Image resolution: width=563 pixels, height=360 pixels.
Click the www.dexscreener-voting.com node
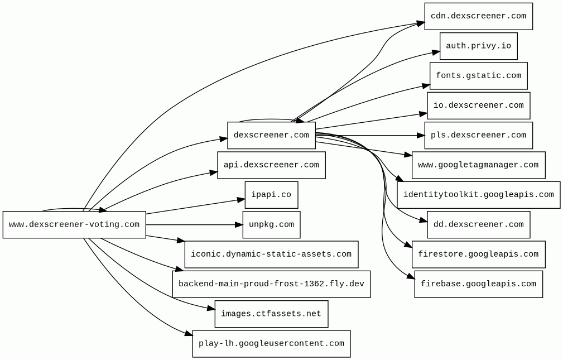pos(74,225)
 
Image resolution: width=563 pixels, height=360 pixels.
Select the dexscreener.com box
pos(271,136)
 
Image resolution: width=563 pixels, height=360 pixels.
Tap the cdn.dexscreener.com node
pos(478,16)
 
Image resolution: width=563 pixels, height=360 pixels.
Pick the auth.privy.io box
pos(478,46)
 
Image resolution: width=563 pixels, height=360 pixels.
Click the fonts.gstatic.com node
pos(478,76)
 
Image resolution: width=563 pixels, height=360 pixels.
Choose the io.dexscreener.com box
pos(478,105)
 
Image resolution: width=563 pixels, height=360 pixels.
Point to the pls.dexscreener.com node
pos(478,136)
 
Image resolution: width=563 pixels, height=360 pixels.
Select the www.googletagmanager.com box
pos(478,165)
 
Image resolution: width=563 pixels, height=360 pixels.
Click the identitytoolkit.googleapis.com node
pos(478,195)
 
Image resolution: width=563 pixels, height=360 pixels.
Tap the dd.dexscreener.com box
pos(478,225)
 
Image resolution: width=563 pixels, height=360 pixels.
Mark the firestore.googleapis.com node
pos(478,255)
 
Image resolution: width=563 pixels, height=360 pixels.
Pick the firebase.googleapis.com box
pos(478,284)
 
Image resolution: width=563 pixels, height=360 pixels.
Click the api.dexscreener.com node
pos(271,165)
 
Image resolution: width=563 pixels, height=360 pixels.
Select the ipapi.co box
pos(271,195)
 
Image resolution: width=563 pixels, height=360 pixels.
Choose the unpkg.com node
pos(271,225)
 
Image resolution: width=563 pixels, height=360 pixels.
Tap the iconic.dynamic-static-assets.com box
pos(271,255)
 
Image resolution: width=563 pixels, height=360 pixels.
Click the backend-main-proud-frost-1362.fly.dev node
pos(271,284)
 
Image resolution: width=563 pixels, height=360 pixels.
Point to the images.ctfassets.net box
pos(271,314)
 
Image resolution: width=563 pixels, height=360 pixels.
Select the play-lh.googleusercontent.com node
pos(271,344)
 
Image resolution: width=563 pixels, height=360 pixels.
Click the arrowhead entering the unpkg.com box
pos(238,225)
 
